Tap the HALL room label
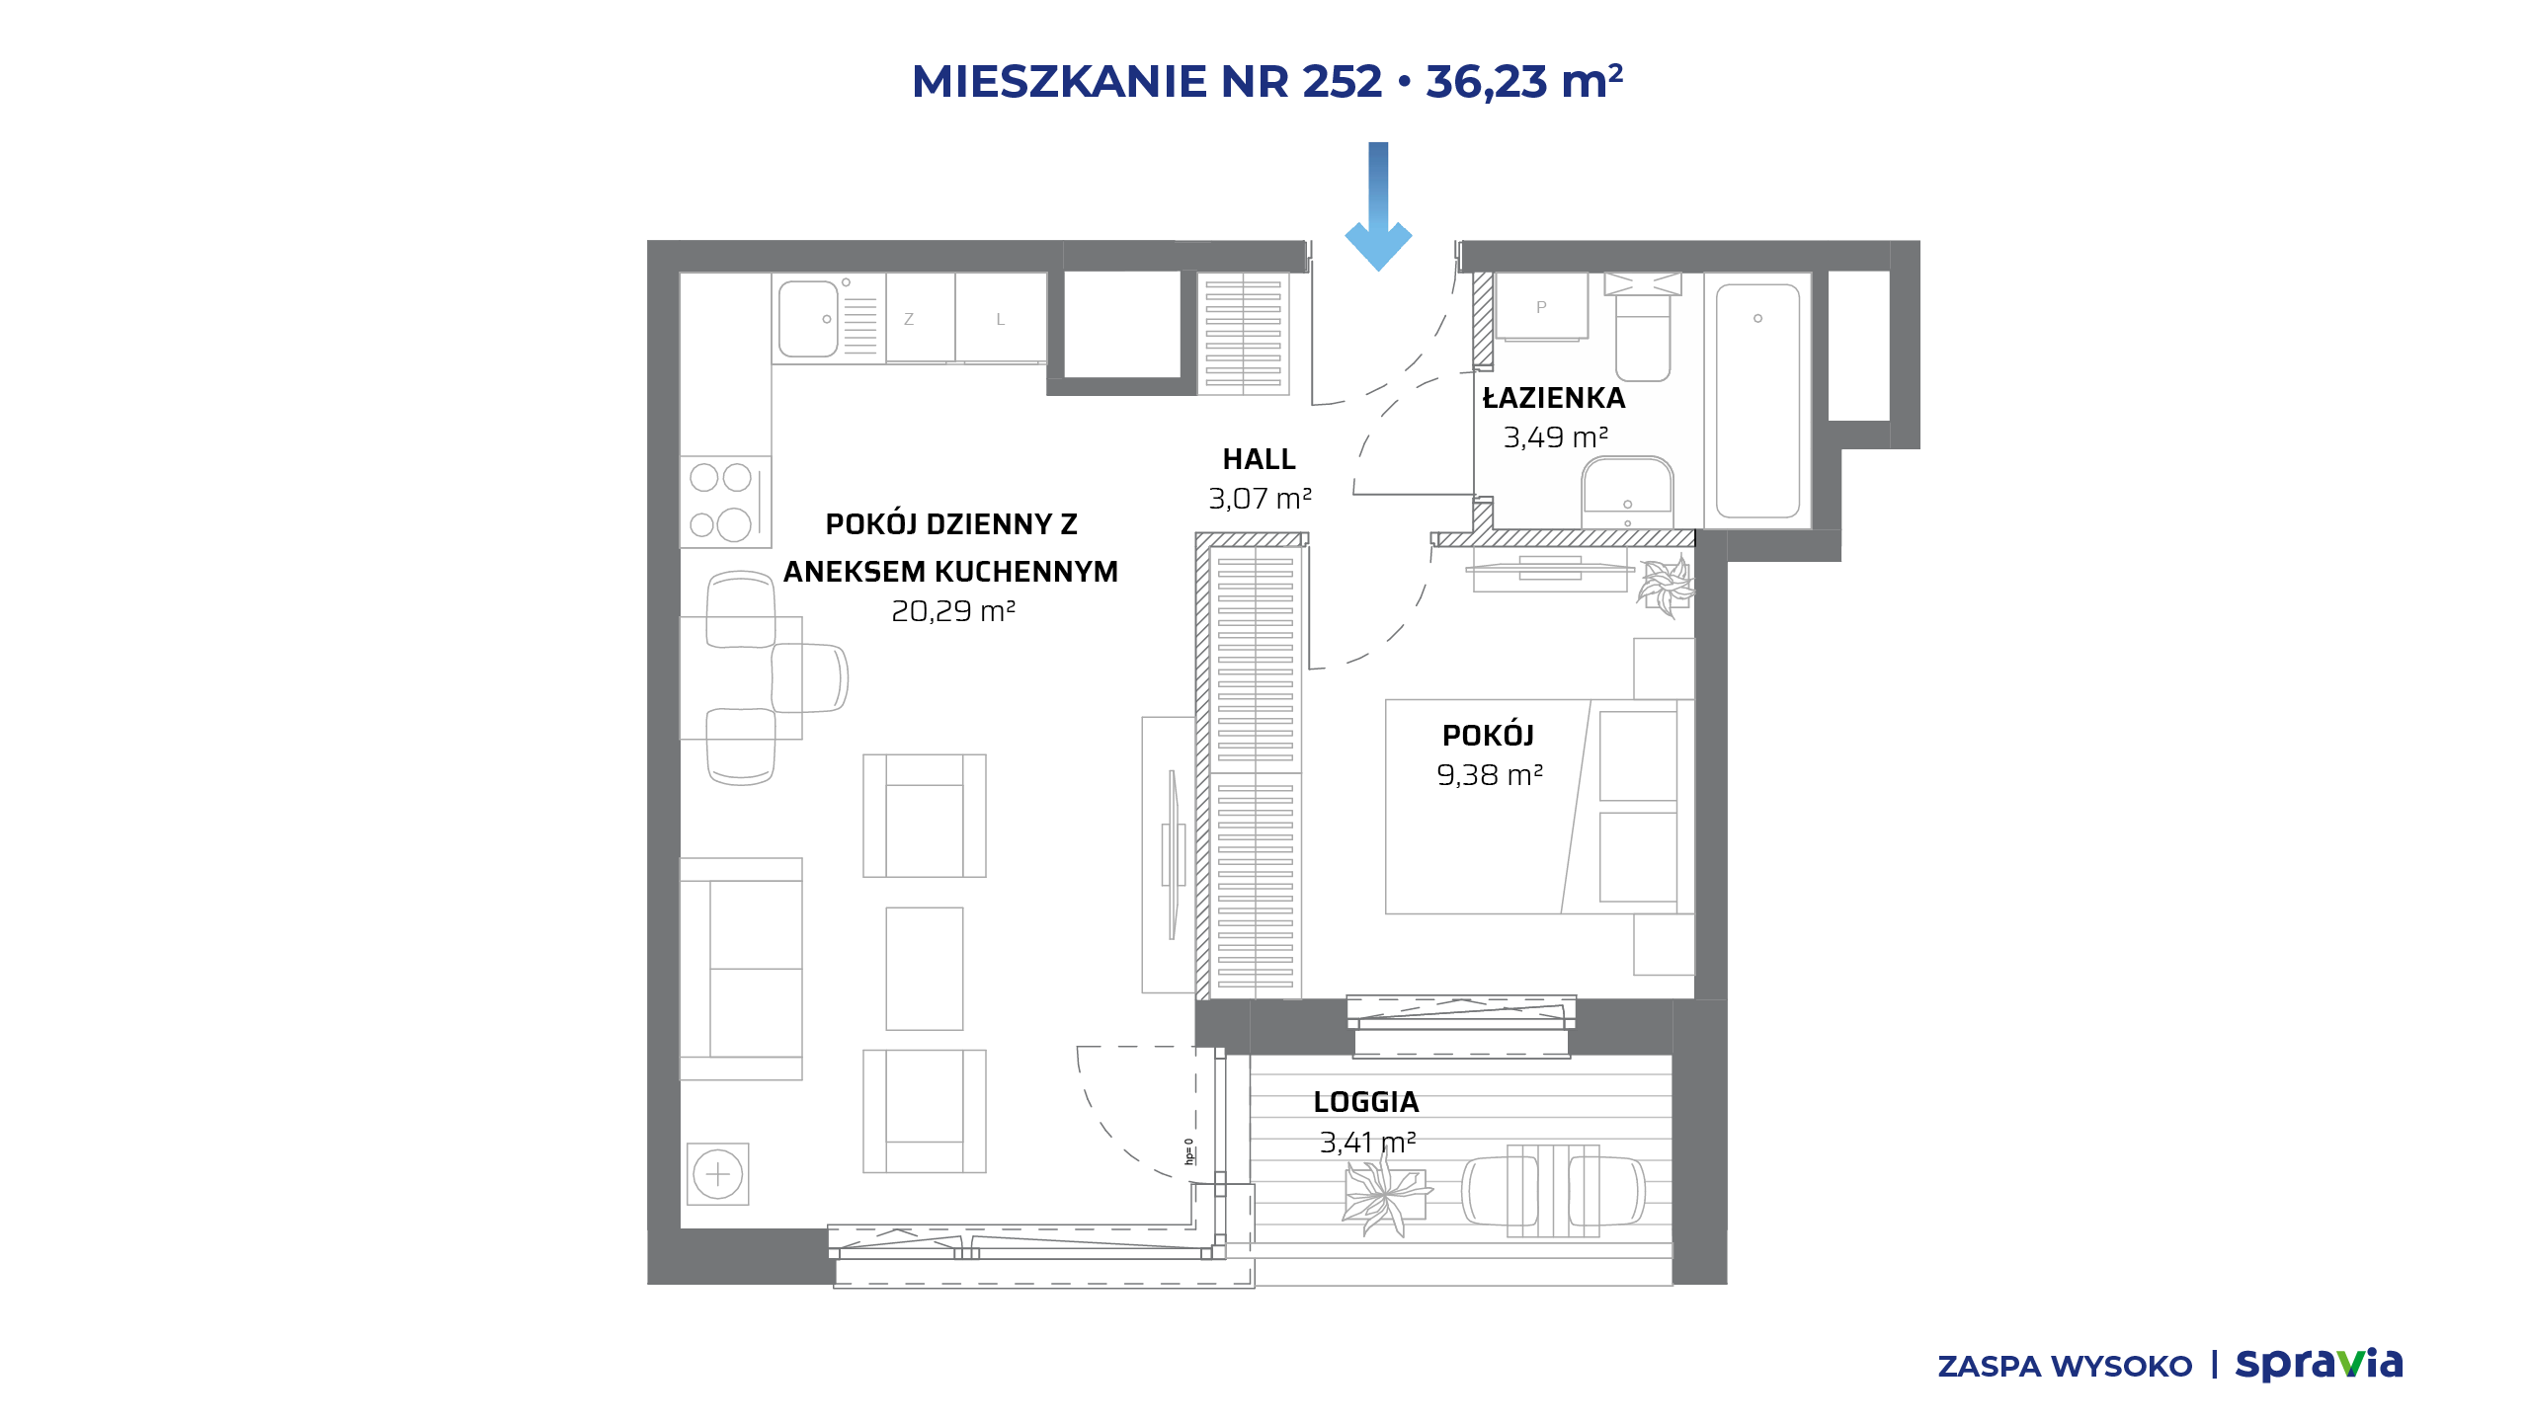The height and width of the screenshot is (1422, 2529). (x=1259, y=459)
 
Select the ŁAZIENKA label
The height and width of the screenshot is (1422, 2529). (x=1554, y=397)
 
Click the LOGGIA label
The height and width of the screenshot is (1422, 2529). (x=1366, y=1102)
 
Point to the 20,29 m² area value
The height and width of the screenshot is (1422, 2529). (x=953, y=611)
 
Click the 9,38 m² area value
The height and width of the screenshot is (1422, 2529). (x=1490, y=775)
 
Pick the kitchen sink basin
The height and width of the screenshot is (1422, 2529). (x=808, y=319)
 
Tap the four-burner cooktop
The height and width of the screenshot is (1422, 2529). (x=725, y=502)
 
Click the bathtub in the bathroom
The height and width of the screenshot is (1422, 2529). (x=1757, y=401)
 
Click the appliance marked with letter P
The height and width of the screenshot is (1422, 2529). (x=1541, y=307)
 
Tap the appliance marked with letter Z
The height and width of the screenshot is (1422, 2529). (x=920, y=318)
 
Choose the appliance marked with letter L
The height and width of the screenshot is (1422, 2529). (x=1001, y=318)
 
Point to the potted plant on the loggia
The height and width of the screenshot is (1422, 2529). (x=1386, y=1195)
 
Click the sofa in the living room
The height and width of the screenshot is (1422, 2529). (x=741, y=969)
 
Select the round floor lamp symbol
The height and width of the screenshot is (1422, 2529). (x=718, y=1174)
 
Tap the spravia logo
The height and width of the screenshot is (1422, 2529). (x=2319, y=1364)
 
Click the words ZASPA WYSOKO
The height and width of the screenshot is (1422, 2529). (x=2065, y=1367)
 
